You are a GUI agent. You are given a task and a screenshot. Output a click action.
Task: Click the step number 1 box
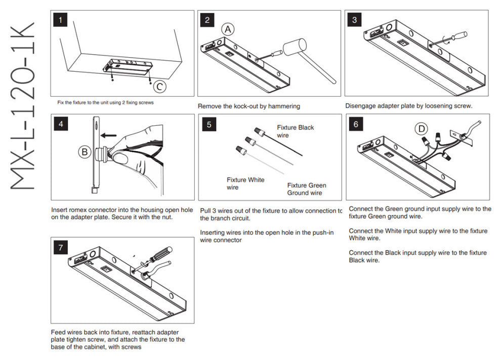point(61,21)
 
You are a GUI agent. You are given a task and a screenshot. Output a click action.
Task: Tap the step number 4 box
point(61,124)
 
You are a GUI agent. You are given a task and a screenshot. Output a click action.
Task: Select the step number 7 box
point(61,247)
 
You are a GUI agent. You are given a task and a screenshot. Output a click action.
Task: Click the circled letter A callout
point(228,29)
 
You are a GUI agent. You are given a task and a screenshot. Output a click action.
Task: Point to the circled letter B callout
point(85,151)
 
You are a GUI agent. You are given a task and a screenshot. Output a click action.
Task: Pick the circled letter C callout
point(159,87)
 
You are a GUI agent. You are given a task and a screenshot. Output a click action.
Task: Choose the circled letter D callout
point(421,129)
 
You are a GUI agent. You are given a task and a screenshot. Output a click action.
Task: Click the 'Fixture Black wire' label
point(295,131)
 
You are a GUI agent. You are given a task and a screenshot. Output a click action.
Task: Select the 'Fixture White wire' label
point(245,184)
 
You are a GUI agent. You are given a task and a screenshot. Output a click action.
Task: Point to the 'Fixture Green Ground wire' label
point(307,189)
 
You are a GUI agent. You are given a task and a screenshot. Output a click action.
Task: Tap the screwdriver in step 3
point(454,36)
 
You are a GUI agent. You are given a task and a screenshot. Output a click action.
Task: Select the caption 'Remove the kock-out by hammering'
point(248,106)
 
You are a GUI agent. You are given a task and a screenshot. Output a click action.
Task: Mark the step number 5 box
point(208,124)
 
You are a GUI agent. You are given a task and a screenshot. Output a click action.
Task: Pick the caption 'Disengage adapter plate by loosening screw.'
point(408,106)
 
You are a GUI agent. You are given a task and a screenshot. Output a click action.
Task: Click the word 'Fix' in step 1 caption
point(60,102)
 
